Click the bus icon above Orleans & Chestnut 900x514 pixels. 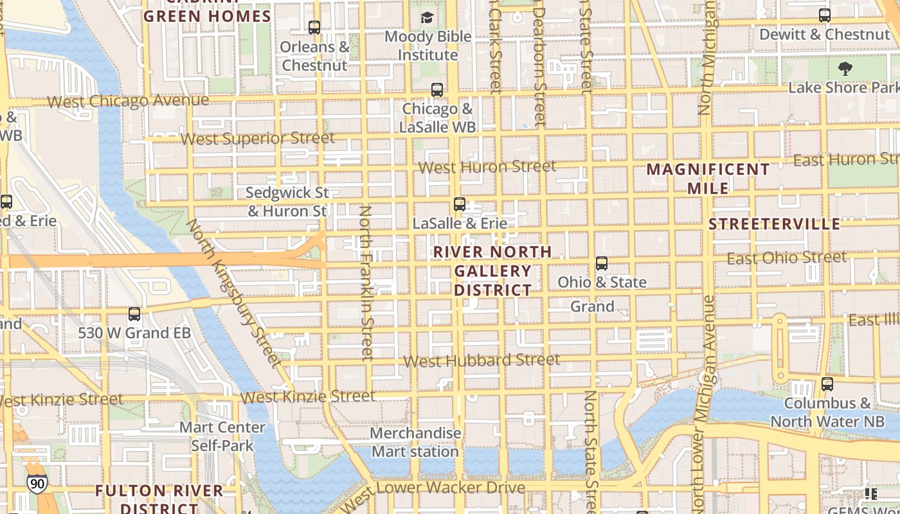[x=314, y=28]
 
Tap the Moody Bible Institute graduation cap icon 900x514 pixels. [x=428, y=17]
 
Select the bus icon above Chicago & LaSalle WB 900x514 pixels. [x=437, y=90]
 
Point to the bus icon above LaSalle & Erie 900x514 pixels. [x=460, y=204]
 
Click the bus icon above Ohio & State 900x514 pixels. [x=602, y=263]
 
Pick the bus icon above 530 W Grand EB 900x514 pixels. [x=134, y=314]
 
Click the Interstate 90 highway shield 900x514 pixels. [x=37, y=483]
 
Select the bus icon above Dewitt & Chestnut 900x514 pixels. [x=825, y=15]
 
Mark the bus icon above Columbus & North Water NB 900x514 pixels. [x=827, y=384]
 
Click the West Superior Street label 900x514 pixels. [x=258, y=138]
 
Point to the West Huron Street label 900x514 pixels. [x=487, y=167]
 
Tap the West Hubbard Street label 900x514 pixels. [x=482, y=360]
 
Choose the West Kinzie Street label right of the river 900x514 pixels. [x=307, y=397]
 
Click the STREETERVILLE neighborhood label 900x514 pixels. [x=775, y=224]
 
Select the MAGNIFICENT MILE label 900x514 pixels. [x=708, y=179]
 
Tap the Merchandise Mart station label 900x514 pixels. [x=415, y=442]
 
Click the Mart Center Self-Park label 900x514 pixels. [x=222, y=436]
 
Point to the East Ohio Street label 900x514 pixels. [x=787, y=258]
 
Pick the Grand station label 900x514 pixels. [x=592, y=306]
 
